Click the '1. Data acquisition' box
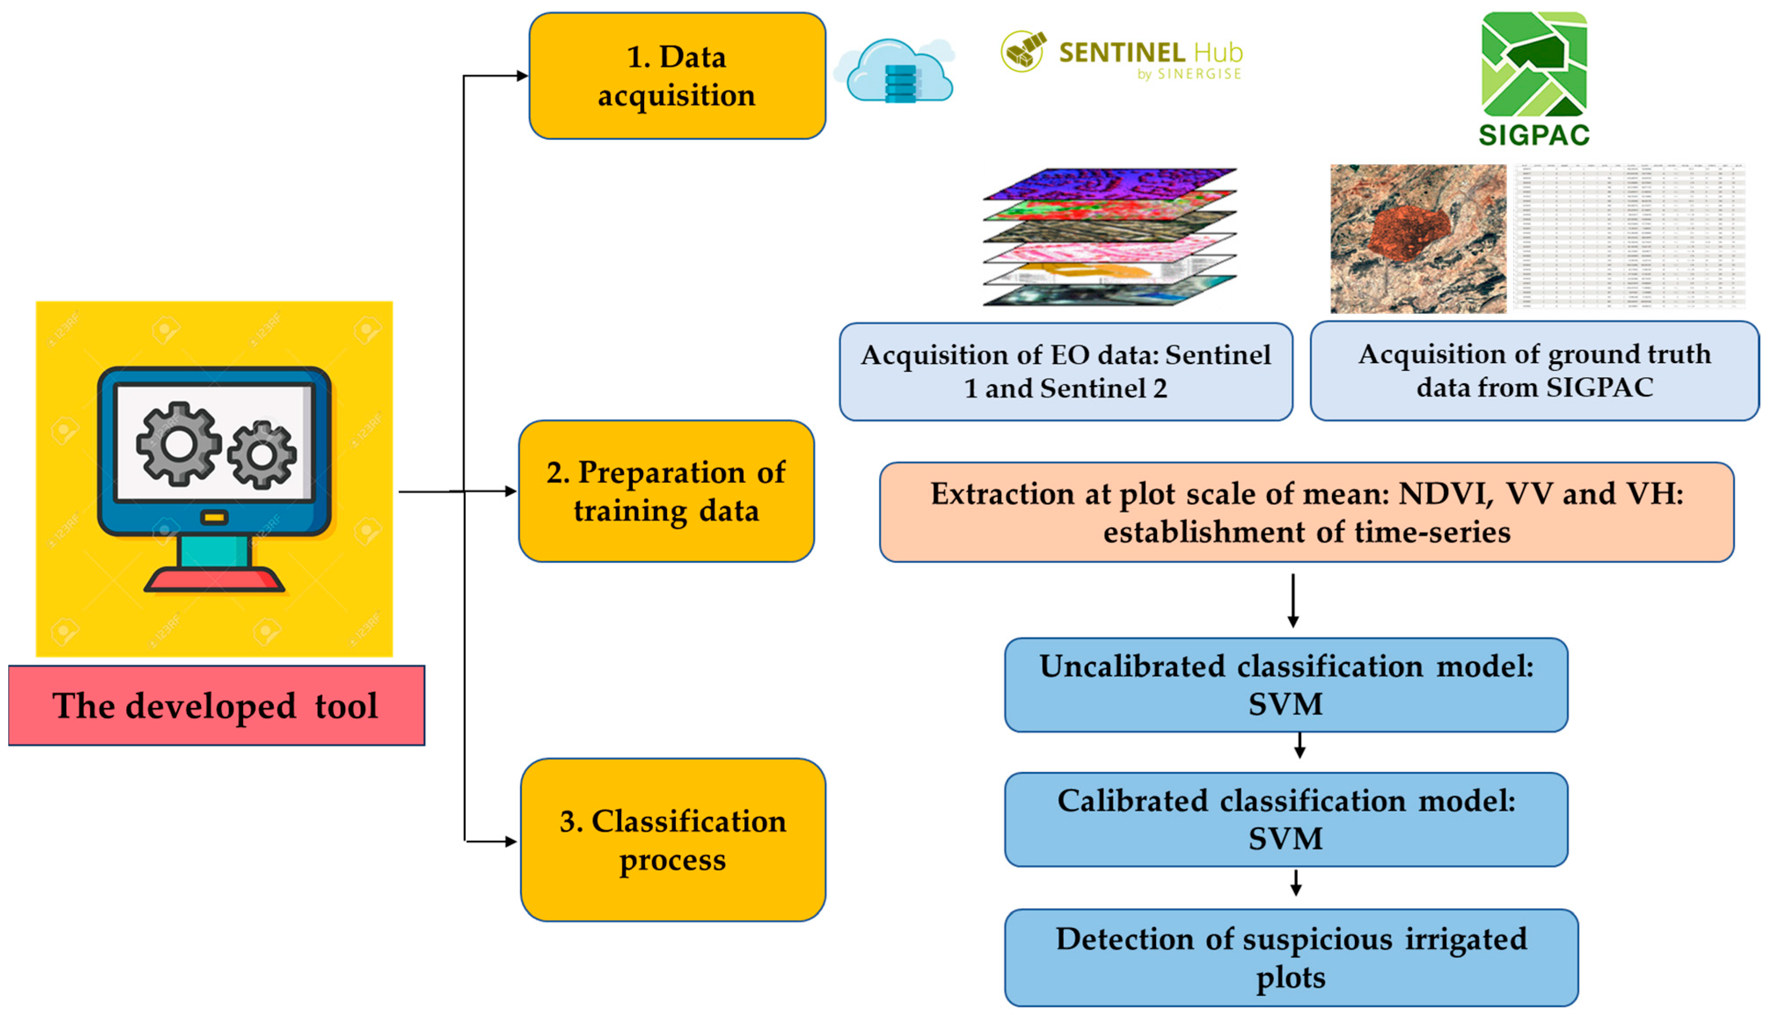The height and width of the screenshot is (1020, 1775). (x=677, y=76)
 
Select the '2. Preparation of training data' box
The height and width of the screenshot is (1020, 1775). (x=666, y=491)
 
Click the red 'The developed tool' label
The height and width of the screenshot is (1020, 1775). (x=216, y=706)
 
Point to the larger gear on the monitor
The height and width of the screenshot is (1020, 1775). (x=178, y=444)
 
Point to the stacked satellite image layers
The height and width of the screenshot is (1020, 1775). (x=1110, y=237)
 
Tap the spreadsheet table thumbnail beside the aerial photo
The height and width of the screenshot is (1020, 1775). (x=1629, y=237)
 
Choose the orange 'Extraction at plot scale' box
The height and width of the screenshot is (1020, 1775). (x=1306, y=512)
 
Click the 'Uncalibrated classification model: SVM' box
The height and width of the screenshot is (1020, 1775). (x=1286, y=685)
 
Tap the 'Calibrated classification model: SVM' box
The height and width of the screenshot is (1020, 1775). (x=1286, y=819)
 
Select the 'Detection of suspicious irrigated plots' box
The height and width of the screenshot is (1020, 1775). (x=1291, y=957)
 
